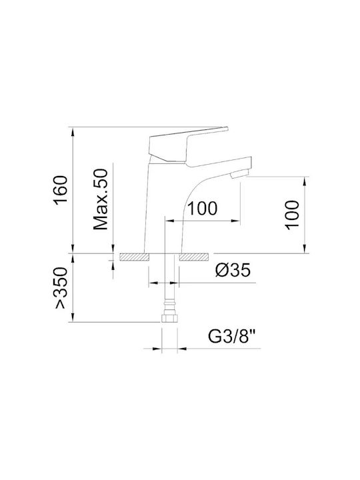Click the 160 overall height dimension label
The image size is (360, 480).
click(x=60, y=190)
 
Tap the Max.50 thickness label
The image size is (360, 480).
click(x=101, y=199)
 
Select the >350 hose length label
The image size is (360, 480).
click(x=60, y=288)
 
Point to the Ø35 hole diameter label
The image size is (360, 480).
click(x=233, y=270)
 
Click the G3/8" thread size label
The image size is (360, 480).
click(x=232, y=337)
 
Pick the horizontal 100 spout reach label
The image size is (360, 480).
click(x=202, y=209)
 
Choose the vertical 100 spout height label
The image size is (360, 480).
click(x=292, y=215)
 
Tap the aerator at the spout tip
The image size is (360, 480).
click(x=239, y=175)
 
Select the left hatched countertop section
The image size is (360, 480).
click(x=135, y=257)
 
